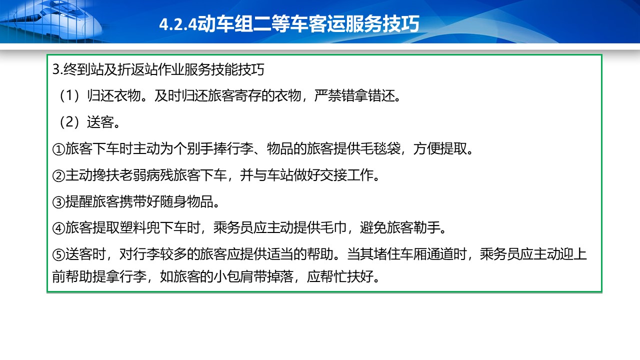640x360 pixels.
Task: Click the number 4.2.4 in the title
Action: pos(178,24)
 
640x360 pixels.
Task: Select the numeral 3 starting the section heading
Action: pos(55,69)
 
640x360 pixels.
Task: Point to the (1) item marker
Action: pos(69,95)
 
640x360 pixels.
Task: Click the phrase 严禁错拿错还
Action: pos(354,95)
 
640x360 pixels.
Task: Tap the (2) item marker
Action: pos(69,122)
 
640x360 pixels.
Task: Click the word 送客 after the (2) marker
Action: pos(100,122)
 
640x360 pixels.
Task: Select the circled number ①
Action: pos(59,149)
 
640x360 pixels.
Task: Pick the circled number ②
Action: pos(59,175)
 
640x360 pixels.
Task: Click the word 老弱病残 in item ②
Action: pos(145,175)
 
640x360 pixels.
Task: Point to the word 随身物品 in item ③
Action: pos(186,201)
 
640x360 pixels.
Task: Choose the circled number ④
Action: pos(59,228)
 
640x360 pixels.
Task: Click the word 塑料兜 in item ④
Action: pos(139,227)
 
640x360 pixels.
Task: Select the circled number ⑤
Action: pos(59,255)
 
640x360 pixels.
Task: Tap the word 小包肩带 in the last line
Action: pos(239,276)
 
